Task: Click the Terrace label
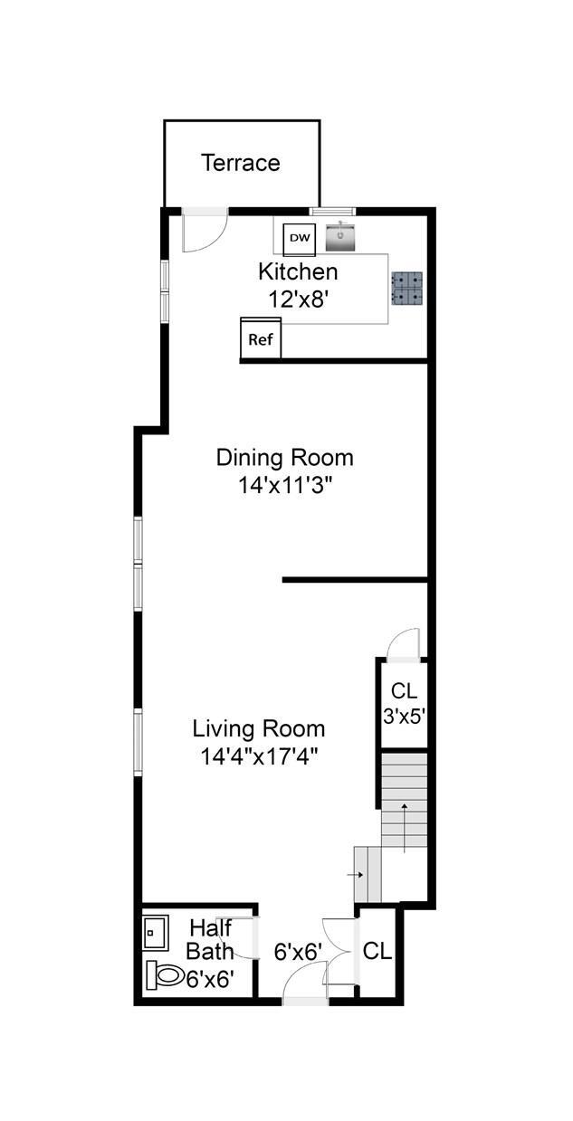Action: coord(241,163)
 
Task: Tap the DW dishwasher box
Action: coord(300,239)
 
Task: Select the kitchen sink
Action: coord(340,237)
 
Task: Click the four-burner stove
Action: coord(406,289)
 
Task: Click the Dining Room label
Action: coord(284,458)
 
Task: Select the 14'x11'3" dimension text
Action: coord(285,485)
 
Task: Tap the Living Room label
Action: coord(259,728)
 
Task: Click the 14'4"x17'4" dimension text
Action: coord(259,756)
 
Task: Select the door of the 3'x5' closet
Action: coord(404,644)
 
